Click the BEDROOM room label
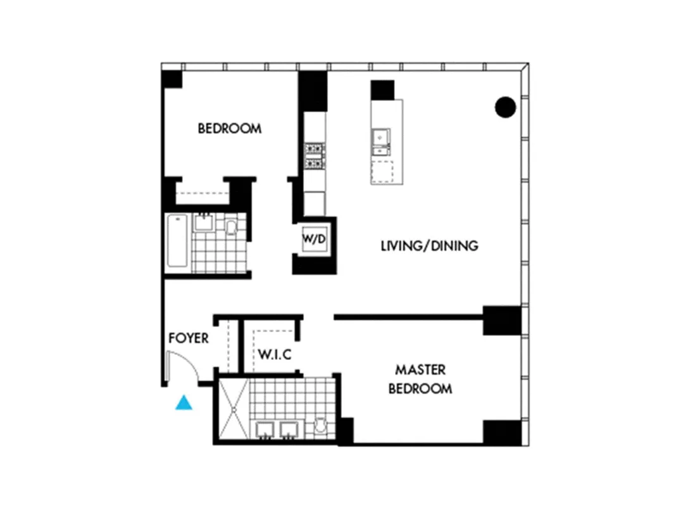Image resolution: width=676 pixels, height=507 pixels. point(229,129)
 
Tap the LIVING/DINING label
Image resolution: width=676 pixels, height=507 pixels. point(429,246)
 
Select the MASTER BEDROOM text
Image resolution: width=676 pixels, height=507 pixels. point(420,379)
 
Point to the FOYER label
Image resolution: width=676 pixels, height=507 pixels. point(188,338)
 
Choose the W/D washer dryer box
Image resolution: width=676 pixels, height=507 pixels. point(313,240)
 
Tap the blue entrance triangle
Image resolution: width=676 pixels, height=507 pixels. point(184,402)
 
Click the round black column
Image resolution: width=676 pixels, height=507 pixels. point(505,107)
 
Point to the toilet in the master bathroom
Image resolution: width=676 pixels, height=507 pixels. point(320,426)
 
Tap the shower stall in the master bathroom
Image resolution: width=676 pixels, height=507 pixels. point(232,409)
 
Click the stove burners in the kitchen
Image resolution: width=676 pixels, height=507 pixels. point(315,156)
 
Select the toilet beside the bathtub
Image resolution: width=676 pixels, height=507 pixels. point(231,226)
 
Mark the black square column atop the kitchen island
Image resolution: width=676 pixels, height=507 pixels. point(382,90)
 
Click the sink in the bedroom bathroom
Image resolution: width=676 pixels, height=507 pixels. point(203,222)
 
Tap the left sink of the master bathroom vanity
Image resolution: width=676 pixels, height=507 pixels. point(265,430)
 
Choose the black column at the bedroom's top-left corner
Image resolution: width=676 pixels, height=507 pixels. point(171,79)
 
